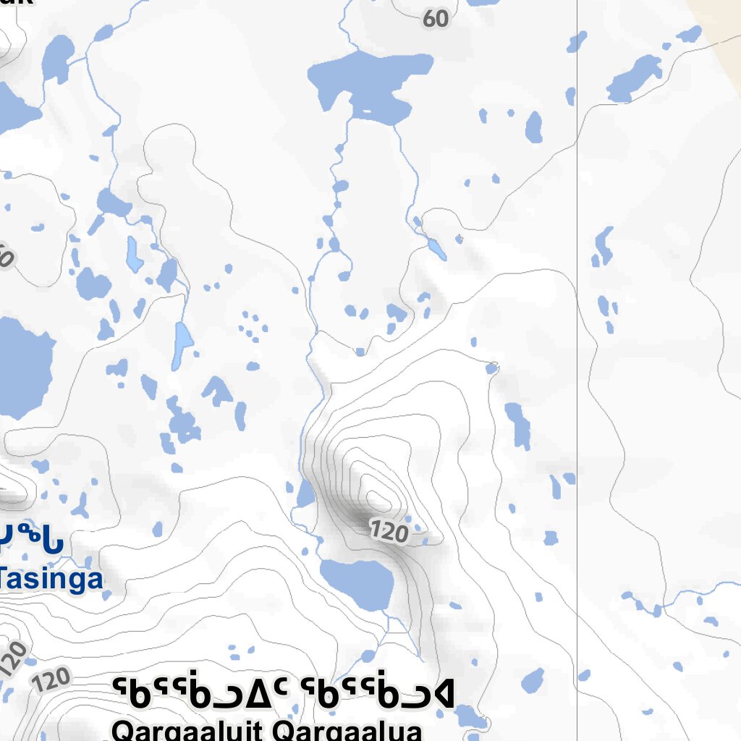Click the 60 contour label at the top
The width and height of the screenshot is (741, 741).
tap(436, 19)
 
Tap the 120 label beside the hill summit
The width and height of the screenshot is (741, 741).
tap(389, 533)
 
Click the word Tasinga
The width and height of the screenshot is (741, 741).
tap(51, 579)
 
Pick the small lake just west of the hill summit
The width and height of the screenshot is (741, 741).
tap(305, 495)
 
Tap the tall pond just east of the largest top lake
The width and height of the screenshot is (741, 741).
tap(534, 127)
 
